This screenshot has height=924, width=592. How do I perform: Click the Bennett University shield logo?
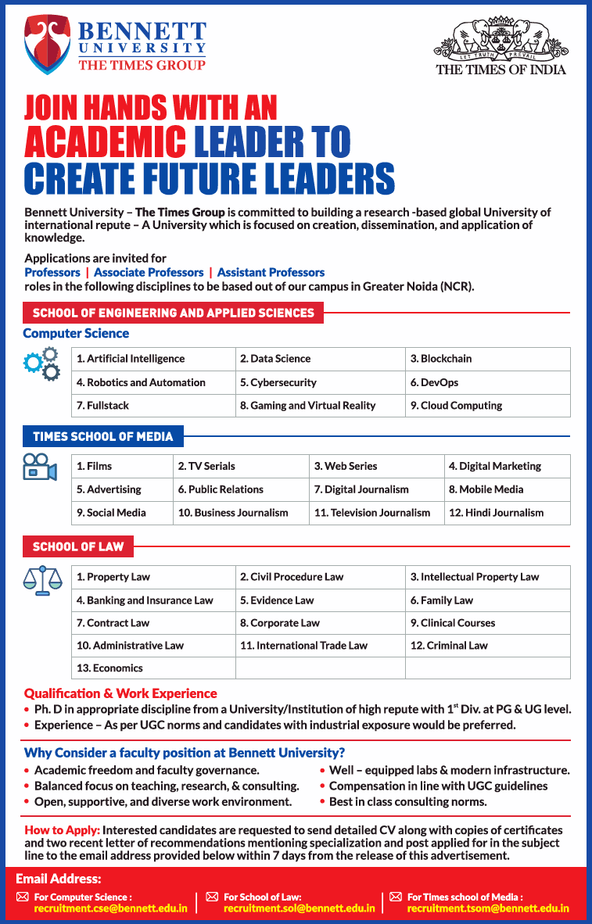click(x=47, y=45)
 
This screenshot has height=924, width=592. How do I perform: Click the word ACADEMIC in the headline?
click(x=105, y=141)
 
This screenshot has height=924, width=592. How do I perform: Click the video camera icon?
click(x=40, y=467)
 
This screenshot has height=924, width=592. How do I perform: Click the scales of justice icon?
click(x=41, y=580)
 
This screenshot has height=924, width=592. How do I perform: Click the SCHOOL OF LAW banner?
click(x=78, y=546)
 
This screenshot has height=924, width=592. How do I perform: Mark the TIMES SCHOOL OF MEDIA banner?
click(x=103, y=436)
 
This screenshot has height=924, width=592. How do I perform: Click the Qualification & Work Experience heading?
click(x=120, y=693)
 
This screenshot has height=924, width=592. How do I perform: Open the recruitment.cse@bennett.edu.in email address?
click(x=110, y=908)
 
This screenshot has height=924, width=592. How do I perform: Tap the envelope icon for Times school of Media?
click(x=396, y=897)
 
